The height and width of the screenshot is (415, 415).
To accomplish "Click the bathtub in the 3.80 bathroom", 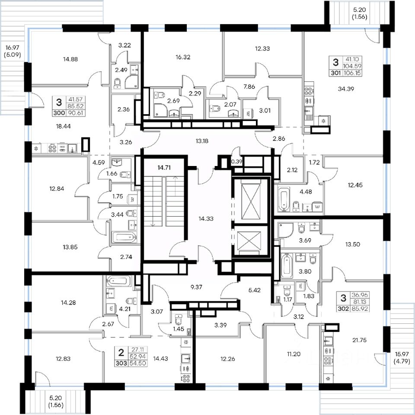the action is [x=287, y=266].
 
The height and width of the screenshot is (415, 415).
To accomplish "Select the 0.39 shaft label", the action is [x=236, y=161].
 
